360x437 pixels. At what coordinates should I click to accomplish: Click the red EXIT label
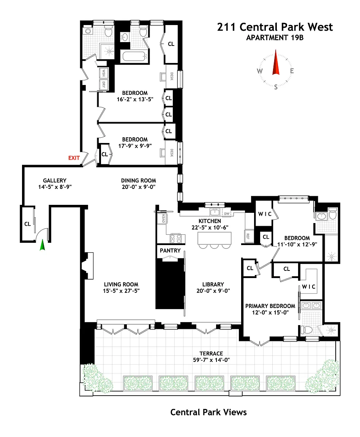[x=74, y=158]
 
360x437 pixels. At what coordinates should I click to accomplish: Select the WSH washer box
[x=103, y=73]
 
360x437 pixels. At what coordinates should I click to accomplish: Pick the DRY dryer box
[x=103, y=84]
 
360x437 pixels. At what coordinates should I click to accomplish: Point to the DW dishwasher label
[x=227, y=214]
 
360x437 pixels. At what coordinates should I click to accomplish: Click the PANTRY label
[x=170, y=251]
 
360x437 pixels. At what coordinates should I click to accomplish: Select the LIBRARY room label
[x=213, y=284]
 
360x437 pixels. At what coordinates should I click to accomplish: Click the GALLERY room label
[x=55, y=181]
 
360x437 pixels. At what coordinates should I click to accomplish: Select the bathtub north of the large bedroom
[x=134, y=58]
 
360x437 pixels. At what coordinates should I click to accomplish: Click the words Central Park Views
[x=208, y=412]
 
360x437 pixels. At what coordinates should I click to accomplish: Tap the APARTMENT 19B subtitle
[x=275, y=38]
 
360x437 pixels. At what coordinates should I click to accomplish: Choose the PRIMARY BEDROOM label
[x=270, y=306]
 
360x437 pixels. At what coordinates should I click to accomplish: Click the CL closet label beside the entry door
[x=27, y=224]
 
